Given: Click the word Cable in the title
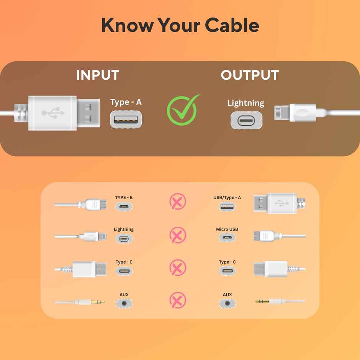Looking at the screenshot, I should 232,25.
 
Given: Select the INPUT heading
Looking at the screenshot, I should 98,75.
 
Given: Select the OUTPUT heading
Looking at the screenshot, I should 250,75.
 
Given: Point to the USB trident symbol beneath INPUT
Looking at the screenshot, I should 53,113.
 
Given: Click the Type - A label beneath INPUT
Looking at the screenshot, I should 126,102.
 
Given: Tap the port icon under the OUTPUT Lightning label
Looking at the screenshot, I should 246,120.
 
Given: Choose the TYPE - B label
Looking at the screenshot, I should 124,198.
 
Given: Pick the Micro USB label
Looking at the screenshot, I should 227,229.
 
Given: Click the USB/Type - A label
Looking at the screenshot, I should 227,198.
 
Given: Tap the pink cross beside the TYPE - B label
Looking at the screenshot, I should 178,202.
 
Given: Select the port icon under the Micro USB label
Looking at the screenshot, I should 227,238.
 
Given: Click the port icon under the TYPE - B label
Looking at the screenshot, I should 124,206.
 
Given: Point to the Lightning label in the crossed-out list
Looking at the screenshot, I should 124,229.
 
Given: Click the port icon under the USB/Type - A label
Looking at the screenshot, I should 227,206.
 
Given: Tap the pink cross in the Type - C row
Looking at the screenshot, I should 178,267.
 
